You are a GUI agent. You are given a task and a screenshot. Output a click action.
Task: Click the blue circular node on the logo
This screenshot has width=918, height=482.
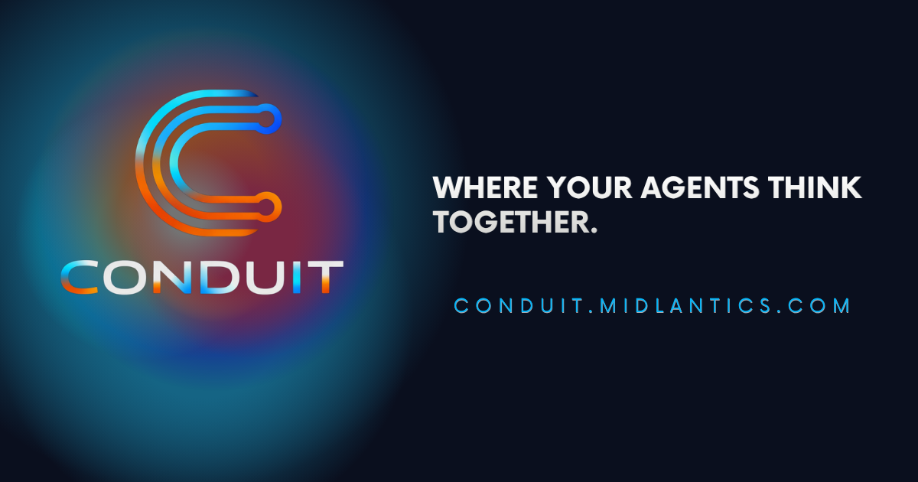[x=269, y=116]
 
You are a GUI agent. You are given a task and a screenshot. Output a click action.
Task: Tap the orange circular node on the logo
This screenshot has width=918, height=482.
[x=269, y=204]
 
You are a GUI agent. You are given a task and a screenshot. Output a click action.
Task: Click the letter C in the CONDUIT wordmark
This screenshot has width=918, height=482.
[x=78, y=277]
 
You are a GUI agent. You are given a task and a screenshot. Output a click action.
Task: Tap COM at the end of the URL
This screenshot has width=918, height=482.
[x=822, y=306]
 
